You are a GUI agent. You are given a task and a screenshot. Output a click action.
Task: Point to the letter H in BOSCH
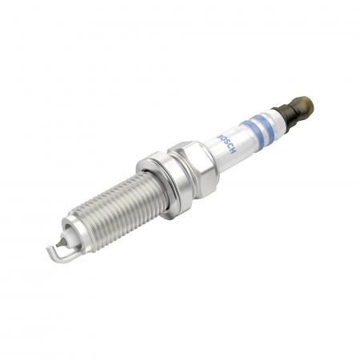220,149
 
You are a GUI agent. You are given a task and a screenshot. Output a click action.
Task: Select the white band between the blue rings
254,126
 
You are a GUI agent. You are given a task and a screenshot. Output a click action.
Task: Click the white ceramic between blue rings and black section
272,118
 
